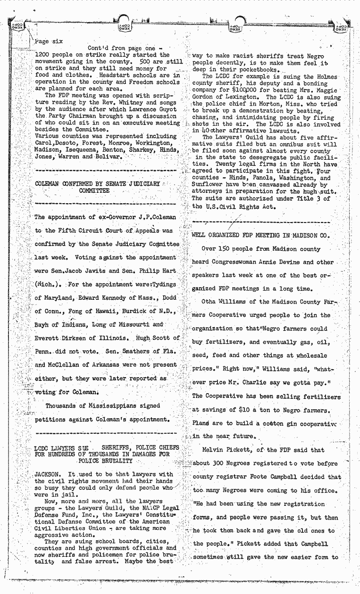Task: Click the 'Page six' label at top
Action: [x=50, y=41]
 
